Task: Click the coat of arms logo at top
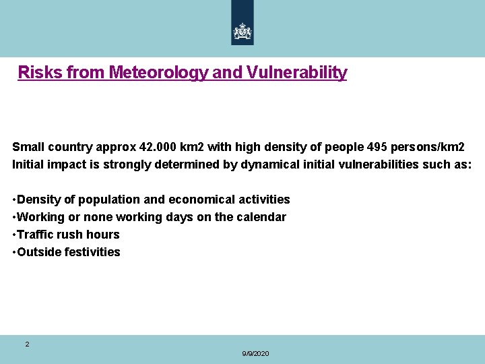coord(243,31)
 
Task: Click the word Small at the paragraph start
coord(28,147)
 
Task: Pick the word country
coord(70,147)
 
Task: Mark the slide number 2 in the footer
coord(27,344)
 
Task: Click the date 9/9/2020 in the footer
coord(255,354)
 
